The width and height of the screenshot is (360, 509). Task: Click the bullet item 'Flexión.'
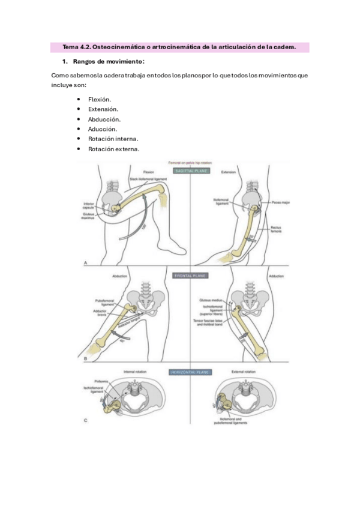pyautogui.click(x=99, y=99)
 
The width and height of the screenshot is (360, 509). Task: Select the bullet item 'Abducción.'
pyautogui.click(x=104, y=119)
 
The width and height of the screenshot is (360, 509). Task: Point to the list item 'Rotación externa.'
pyautogui.click(x=113, y=149)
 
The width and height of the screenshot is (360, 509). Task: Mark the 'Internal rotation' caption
pyautogui.click(x=135, y=372)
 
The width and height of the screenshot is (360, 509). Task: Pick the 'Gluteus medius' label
pyautogui.click(x=214, y=300)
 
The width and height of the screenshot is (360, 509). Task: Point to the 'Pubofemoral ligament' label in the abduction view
pyautogui.click(x=106, y=305)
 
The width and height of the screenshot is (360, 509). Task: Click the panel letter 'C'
pyautogui.click(x=85, y=420)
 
